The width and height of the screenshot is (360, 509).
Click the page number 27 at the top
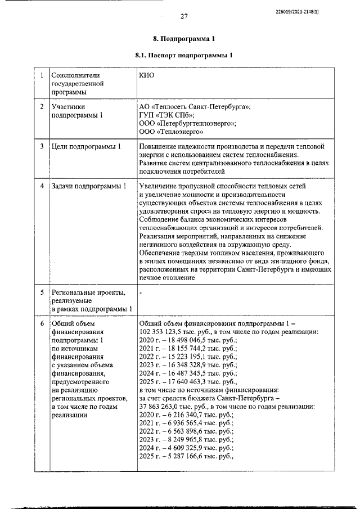coord(183,16)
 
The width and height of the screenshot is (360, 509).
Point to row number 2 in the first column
coord(42,106)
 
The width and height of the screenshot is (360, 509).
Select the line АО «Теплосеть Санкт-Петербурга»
coord(195,106)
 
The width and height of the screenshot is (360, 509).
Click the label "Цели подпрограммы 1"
coord(86,147)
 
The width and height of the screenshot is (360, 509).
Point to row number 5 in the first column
coord(42,292)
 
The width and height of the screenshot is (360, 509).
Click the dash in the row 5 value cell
coord(140,292)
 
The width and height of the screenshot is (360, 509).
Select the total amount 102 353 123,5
coord(163,332)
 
